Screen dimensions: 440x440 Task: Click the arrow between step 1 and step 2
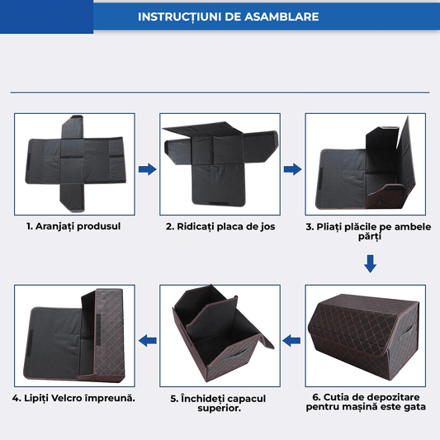pos(146,169)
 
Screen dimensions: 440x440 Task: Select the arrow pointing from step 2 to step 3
pos(291,169)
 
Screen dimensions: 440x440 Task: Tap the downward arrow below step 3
pos(370,264)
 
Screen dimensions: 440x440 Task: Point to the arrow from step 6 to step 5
pos(292,338)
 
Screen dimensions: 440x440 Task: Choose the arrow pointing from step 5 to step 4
pos(147,338)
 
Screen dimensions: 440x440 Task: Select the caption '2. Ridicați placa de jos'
pos(220,226)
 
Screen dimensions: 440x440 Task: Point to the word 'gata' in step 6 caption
pos(414,407)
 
